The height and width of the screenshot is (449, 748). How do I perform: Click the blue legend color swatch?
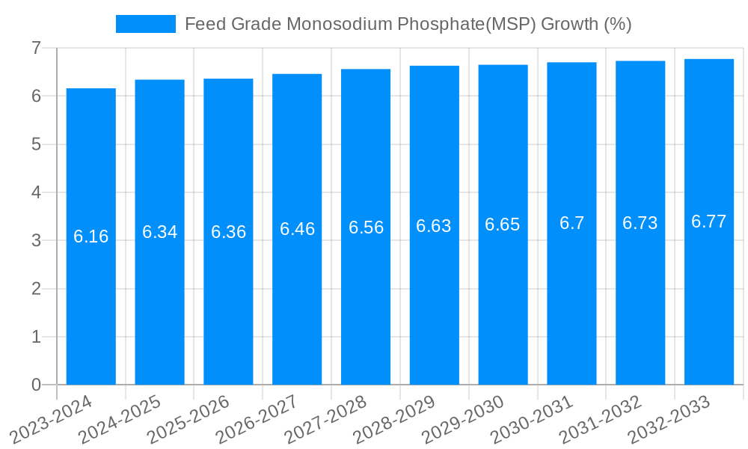[x=145, y=24]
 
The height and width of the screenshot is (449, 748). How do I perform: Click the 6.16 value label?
[x=91, y=237]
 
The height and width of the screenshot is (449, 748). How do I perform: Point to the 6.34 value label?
[x=160, y=232]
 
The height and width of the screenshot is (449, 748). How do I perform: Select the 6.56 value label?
[x=366, y=227]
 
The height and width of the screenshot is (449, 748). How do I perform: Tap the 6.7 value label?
[x=571, y=223]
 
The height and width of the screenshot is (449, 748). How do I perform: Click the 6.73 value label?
[x=640, y=223]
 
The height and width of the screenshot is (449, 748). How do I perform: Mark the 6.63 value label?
[x=434, y=226]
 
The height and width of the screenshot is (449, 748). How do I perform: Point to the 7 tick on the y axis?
[x=35, y=48]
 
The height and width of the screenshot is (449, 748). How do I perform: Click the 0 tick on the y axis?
[x=35, y=385]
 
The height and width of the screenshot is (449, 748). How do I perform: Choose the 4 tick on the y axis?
[x=35, y=192]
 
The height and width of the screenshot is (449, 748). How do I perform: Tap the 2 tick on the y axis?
[x=35, y=289]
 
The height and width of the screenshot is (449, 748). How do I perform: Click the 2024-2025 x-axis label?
[x=120, y=421]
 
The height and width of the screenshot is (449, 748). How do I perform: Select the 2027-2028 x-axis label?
[x=326, y=421]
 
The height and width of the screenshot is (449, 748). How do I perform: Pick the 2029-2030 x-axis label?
[x=464, y=421]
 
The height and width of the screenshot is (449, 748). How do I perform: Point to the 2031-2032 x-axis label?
[x=601, y=421]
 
